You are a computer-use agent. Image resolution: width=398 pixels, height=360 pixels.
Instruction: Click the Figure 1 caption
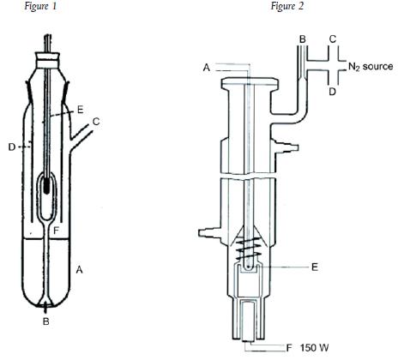coord(41,7)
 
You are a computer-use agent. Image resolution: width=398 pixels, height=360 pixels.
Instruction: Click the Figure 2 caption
coord(287,7)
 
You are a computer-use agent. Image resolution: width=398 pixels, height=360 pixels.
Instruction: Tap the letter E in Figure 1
coord(81,110)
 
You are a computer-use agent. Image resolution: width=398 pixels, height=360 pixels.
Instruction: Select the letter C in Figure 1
coord(96,122)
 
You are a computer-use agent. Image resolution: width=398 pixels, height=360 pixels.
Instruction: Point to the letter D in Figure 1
coord(12,147)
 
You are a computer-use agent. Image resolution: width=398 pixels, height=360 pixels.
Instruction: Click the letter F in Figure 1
coord(57,231)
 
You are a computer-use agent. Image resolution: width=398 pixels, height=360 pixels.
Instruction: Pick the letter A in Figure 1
coord(79,269)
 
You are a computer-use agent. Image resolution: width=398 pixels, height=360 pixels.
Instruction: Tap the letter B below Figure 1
coord(45,321)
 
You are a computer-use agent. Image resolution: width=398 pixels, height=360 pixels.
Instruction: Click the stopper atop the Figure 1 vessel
coord(47,59)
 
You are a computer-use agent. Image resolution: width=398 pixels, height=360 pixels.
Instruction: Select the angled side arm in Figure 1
coord(82,135)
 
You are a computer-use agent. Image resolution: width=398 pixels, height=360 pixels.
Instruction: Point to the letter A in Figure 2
coord(207,68)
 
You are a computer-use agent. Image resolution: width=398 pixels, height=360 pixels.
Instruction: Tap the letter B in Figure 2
coord(303,39)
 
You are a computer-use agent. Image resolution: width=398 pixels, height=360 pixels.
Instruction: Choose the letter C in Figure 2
coord(333,39)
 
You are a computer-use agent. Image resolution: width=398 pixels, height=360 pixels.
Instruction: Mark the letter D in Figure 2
coord(332,92)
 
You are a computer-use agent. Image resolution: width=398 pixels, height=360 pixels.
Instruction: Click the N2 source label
coord(371,67)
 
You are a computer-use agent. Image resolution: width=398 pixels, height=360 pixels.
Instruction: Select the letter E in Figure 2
coord(315,267)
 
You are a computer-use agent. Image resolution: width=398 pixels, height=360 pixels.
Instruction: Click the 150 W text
coord(314,348)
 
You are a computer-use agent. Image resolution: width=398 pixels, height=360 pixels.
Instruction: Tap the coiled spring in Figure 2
coord(249,247)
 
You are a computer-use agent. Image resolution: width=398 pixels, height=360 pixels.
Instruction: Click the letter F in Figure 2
coord(289,348)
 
